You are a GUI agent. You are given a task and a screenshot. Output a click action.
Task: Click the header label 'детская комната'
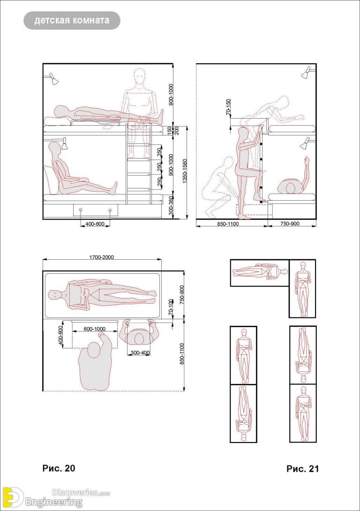[x=72, y=21]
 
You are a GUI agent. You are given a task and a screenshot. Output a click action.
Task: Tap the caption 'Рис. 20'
[x=59, y=468]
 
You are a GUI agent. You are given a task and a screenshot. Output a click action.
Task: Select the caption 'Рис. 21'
[x=302, y=468]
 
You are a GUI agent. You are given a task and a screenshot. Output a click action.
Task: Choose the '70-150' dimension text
[x=228, y=108]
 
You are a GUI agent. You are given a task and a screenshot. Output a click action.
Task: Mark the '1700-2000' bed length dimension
[x=101, y=257]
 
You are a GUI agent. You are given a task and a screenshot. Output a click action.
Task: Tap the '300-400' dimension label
[x=140, y=352]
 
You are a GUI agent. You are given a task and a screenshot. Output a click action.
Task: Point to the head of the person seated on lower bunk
[x=55, y=148]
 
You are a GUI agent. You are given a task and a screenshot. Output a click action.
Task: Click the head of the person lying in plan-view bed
[x=55, y=295]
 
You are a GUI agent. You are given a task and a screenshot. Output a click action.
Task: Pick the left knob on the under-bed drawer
[x=81, y=210]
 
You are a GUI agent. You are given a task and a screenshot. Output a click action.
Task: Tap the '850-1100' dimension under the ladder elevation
[x=228, y=224]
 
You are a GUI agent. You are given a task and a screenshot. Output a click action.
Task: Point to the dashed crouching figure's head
[x=228, y=162]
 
